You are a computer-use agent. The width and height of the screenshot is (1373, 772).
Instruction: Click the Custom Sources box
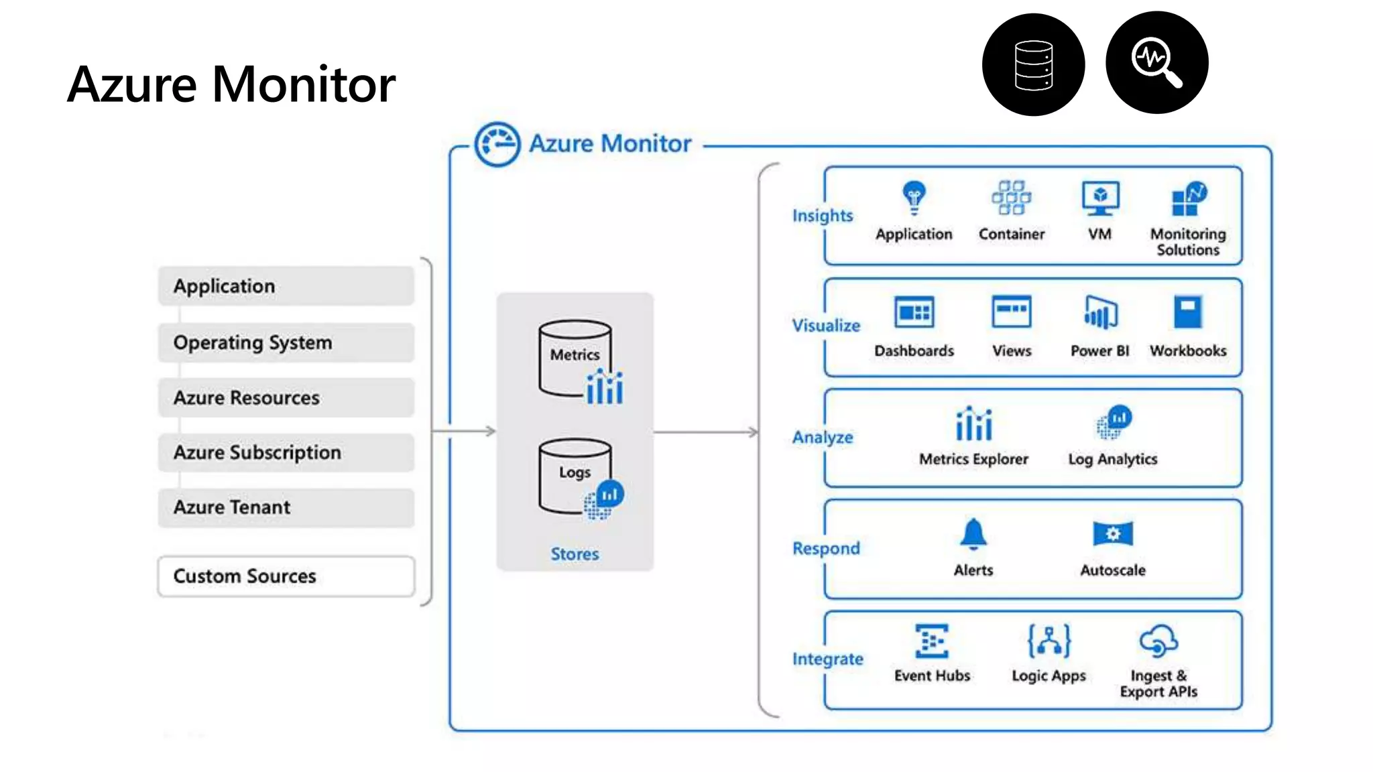[286, 576]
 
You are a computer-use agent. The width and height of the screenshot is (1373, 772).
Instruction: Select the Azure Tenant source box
[286, 507]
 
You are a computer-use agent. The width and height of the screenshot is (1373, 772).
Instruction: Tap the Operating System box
[286, 342]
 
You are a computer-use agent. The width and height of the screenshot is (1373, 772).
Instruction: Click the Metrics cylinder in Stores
[575, 359]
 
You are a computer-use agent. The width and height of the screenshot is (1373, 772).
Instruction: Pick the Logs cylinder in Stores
[575, 476]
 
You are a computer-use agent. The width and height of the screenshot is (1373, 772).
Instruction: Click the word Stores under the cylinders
[575, 554]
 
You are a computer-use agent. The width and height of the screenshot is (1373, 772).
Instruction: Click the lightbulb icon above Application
[914, 197]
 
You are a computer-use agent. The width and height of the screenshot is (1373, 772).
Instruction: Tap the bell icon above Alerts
[973, 534]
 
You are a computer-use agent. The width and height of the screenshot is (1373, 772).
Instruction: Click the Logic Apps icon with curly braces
[1049, 641]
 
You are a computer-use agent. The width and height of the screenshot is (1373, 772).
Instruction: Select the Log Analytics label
[1113, 459]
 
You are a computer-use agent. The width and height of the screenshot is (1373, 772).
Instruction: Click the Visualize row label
[826, 326]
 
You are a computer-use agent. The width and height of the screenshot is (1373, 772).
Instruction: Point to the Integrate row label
[827, 659]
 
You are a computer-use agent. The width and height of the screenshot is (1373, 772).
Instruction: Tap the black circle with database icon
[1033, 64]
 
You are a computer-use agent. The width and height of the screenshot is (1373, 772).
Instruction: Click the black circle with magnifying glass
[1156, 62]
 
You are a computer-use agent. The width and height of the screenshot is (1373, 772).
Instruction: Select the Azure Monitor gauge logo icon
[497, 144]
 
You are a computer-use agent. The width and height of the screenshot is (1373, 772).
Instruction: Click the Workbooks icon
[1188, 312]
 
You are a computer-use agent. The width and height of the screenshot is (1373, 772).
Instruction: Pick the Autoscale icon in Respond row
[1113, 534]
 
